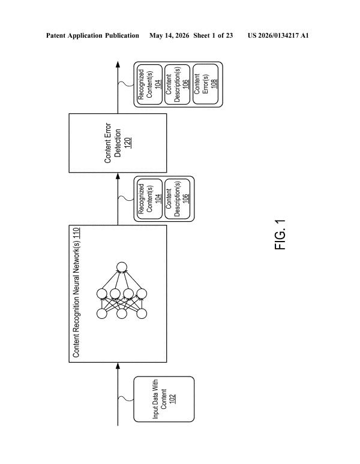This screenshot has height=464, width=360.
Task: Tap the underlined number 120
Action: click(x=128, y=143)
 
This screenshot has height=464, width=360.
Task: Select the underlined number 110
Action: click(x=76, y=232)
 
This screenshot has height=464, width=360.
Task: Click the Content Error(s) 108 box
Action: click(x=205, y=84)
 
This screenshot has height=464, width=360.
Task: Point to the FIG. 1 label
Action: click(x=280, y=234)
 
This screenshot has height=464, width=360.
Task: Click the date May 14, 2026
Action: click(x=169, y=36)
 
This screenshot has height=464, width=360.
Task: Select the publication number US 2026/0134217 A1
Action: click(x=278, y=36)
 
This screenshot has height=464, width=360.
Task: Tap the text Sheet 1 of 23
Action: click(x=213, y=36)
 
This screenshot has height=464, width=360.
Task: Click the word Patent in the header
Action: click(x=56, y=36)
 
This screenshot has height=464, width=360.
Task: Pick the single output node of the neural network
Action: click(x=122, y=267)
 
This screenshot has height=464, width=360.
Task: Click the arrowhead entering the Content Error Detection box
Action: click(x=118, y=176)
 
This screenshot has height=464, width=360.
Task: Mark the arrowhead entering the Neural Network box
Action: click(x=118, y=366)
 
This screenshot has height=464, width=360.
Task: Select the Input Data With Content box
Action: click(x=164, y=399)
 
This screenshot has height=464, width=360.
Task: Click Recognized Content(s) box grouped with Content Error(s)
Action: click(x=150, y=84)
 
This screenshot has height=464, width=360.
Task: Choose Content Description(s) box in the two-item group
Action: click(x=177, y=199)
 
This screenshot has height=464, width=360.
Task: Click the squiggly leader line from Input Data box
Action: click(x=126, y=398)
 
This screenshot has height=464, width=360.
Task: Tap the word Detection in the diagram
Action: click(x=118, y=143)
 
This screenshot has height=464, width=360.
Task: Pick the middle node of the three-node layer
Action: click(x=122, y=314)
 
